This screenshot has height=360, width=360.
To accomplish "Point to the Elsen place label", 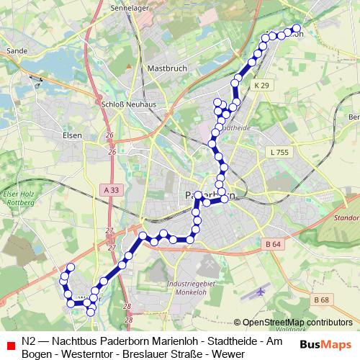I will pyautogui.click(x=73, y=135).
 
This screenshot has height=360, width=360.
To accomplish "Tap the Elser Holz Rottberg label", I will pyautogui.click(x=19, y=199).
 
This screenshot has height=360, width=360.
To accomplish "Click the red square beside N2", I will pyautogui.click(x=10, y=342).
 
